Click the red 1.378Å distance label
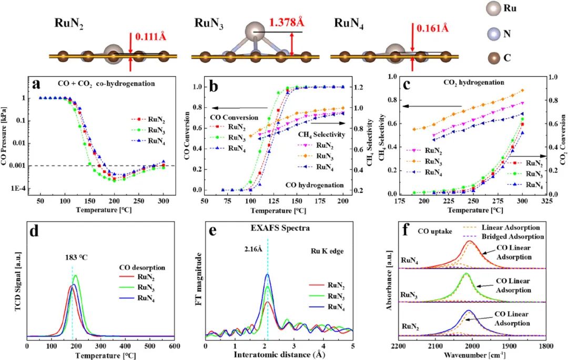(x=288, y=24)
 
